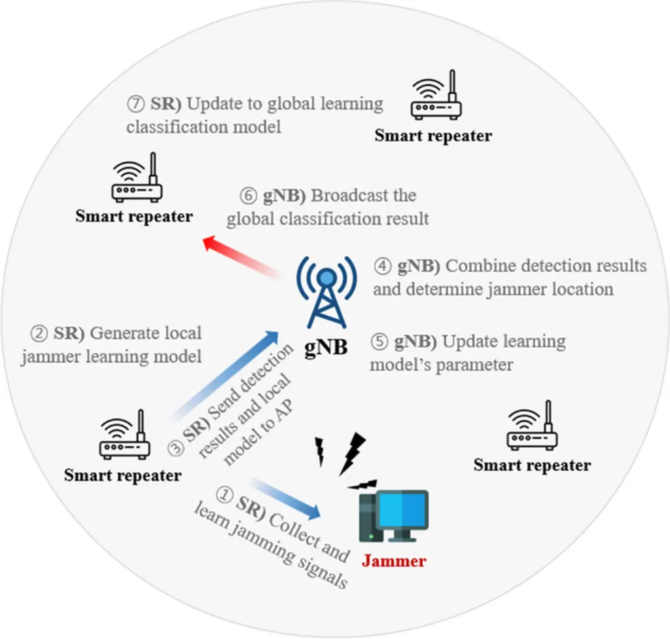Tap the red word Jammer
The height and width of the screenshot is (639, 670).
[394, 560]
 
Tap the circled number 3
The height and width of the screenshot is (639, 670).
[176, 448]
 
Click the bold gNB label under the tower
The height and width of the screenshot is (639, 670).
[325, 348]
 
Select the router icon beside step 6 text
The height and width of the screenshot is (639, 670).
[136, 177]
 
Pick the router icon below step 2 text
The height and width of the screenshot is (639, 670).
[124, 434]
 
